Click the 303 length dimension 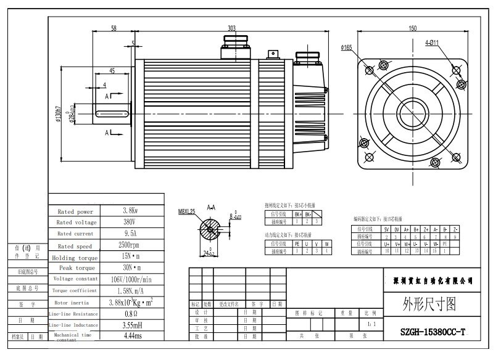click(231, 28)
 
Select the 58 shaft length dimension click(114, 28)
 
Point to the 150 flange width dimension click(412, 28)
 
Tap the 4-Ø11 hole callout click(431, 43)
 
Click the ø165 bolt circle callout click(346, 47)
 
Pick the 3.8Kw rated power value click(130, 211)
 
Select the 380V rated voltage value click(130, 222)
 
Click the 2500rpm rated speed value click(130, 245)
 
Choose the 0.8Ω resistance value click(130, 313)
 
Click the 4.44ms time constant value click(130, 336)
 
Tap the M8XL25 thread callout click(187, 211)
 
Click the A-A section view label click(211, 208)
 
